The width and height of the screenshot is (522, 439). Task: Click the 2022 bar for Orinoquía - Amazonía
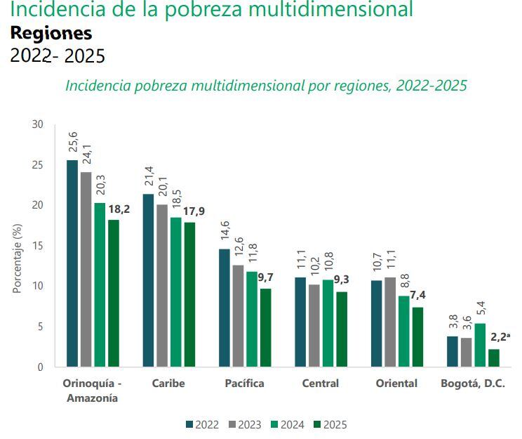point(72,263)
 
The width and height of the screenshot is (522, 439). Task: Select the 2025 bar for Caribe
point(189,294)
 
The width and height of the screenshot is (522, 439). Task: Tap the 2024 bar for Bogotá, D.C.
point(480,345)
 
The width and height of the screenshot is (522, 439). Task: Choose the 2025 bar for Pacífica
point(266,327)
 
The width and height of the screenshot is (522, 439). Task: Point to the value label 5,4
point(481,309)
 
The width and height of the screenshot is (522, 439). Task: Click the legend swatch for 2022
point(189,424)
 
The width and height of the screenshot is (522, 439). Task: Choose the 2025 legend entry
point(330,424)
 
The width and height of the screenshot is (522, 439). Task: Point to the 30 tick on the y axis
point(37,124)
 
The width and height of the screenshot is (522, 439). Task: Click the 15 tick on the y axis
point(37,246)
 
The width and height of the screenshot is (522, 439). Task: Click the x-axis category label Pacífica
point(244,384)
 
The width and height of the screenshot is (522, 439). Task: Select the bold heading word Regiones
point(51,33)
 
